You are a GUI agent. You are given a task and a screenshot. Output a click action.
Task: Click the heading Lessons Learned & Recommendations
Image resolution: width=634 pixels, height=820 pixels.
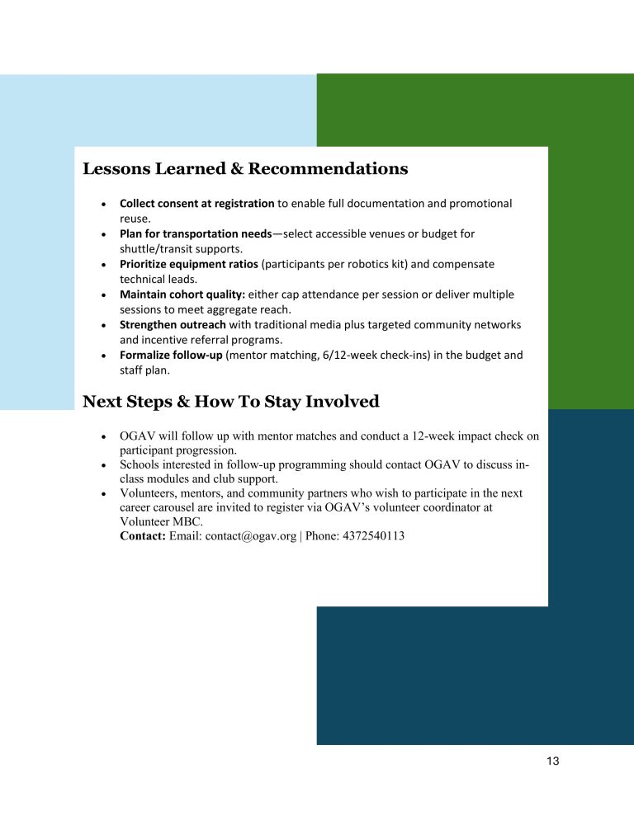pos(245,169)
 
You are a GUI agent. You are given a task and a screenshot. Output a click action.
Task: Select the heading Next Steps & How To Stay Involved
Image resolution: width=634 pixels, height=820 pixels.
pos(230,402)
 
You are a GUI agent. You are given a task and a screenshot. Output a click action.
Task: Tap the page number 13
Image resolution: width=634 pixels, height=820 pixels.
pos(552,761)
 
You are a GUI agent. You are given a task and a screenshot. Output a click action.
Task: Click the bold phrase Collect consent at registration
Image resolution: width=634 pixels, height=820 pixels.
pos(196,203)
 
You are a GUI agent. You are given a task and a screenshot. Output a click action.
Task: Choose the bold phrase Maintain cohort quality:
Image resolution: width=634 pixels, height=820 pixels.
pos(182,295)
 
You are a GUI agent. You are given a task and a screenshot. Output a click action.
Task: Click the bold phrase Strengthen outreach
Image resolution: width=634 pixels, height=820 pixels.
pos(173,324)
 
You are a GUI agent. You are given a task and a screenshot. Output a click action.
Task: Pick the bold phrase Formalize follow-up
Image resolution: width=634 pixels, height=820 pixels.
pos(171,355)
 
